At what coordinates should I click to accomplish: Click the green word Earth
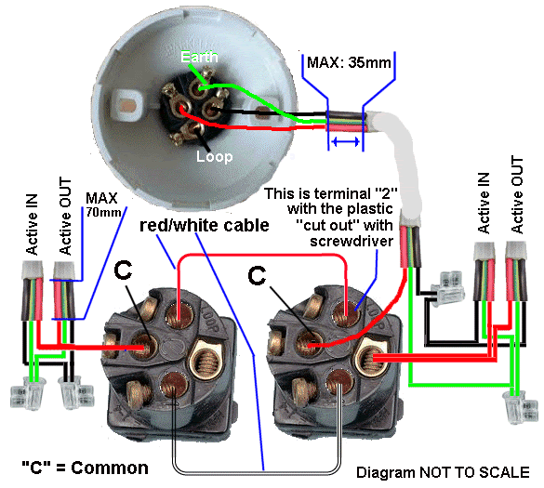(x=199, y=57)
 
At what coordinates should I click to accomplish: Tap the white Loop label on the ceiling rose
(x=215, y=157)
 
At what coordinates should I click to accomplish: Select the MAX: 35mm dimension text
(x=349, y=63)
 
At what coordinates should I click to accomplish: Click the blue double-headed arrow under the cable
(x=346, y=141)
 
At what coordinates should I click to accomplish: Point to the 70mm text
(x=104, y=212)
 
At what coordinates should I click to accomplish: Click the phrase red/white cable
(x=205, y=225)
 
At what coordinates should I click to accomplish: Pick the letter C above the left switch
(x=123, y=270)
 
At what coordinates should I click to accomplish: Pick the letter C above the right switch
(x=257, y=276)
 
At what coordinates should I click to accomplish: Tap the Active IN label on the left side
(x=32, y=225)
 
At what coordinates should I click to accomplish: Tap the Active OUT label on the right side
(x=517, y=195)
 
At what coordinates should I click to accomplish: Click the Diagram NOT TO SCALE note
(x=443, y=472)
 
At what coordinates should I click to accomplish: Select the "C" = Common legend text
(x=85, y=468)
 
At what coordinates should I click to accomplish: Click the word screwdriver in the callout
(x=352, y=241)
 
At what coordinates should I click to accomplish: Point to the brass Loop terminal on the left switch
(x=205, y=360)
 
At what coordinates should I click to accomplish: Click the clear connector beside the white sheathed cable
(x=447, y=288)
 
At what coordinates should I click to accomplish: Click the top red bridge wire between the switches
(x=262, y=256)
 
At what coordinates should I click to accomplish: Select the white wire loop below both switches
(x=257, y=472)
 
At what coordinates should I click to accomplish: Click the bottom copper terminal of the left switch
(x=175, y=385)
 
